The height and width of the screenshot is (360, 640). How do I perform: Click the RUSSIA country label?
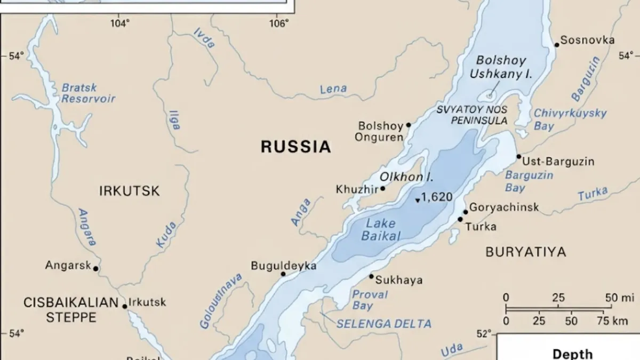(x=295, y=147)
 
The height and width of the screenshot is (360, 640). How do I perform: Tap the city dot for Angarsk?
(x=96, y=269)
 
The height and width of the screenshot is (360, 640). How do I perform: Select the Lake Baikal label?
(x=381, y=230)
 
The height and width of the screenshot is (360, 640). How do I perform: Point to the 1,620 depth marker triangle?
(x=418, y=201)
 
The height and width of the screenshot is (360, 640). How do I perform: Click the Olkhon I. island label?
(x=406, y=177)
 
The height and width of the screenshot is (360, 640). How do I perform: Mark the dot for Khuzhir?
(x=382, y=189)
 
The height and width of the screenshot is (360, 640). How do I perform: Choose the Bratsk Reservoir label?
(x=88, y=93)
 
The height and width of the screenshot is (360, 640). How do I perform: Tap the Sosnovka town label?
(x=587, y=40)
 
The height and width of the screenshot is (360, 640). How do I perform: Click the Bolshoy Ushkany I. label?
(x=501, y=68)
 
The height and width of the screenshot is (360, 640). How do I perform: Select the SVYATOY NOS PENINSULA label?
(x=471, y=115)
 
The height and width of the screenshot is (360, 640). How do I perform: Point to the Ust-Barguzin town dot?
(x=518, y=157)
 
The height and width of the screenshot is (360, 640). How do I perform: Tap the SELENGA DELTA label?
(x=383, y=324)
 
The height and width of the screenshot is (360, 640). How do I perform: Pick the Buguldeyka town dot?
(x=283, y=274)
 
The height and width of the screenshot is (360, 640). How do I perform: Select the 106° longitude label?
(x=278, y=23)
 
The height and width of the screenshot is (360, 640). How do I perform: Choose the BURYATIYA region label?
(x=525, y=252)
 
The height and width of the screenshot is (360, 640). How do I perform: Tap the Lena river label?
(x=333, y=89)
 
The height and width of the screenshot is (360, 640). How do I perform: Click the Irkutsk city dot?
(x=125, y=306)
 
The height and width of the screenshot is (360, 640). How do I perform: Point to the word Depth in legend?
(x=572, y=354)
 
